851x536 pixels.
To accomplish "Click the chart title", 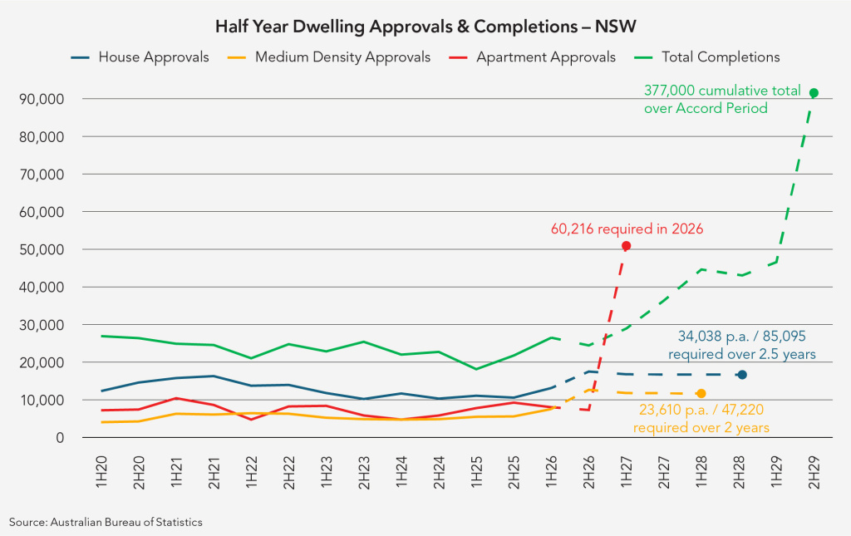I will point(425,26).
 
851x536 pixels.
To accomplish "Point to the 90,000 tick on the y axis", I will point(42,99).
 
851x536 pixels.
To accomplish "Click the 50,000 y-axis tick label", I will point(42,249).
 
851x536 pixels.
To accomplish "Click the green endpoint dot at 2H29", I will point(814,93).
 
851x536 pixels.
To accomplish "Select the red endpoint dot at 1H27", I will point(626,246).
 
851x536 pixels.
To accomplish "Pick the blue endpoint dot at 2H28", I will point(741,375).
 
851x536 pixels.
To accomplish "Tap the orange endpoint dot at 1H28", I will point(701,393).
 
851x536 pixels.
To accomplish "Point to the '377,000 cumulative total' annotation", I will point(722,90).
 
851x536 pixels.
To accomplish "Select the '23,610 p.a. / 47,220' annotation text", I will point(701,411).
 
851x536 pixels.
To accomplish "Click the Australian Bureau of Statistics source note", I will point(106,522).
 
